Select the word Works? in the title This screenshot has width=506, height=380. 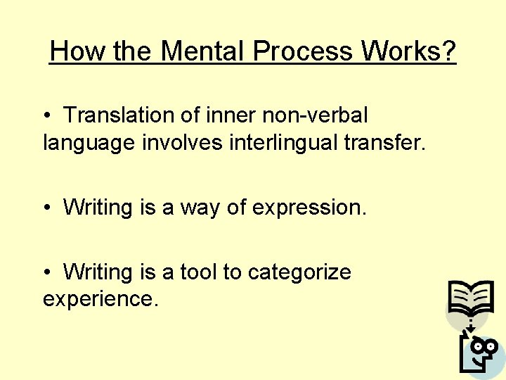tap(409, 51)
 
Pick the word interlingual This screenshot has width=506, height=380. tap(284, 142)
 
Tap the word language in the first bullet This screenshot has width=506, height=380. tap(89, 144)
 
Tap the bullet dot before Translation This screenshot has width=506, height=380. tap(46, 115)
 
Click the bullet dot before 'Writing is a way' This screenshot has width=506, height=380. tap(46, 208)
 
